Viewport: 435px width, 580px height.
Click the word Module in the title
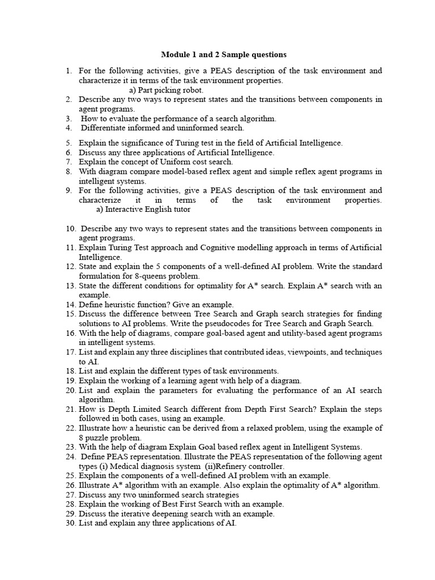coord(176,54)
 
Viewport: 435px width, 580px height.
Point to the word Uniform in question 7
coord(171,162)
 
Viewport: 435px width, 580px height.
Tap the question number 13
coord(70,285)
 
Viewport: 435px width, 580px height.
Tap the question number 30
coord(70,523)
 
